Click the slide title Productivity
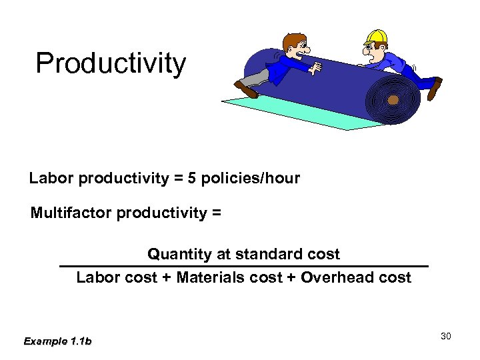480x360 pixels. pyautogui.click(x=111, y=64)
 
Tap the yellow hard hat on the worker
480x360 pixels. pyautogui.click(x=378, y=36)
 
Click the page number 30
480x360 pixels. pyautogui.click(x=446, y=336)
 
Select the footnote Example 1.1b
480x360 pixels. pyautogui.click(x=58, y=341)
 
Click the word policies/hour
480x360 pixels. pyautogui.click(x=258, y=179)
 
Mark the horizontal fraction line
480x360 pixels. pyautogui.click(x=243, y=266)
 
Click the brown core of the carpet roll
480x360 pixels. pyautogui.click(x=393, y=100)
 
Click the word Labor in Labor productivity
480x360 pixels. pyautogui.click(x=51, y=179)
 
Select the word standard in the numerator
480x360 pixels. pyautogui.click(x=278, y=254)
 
